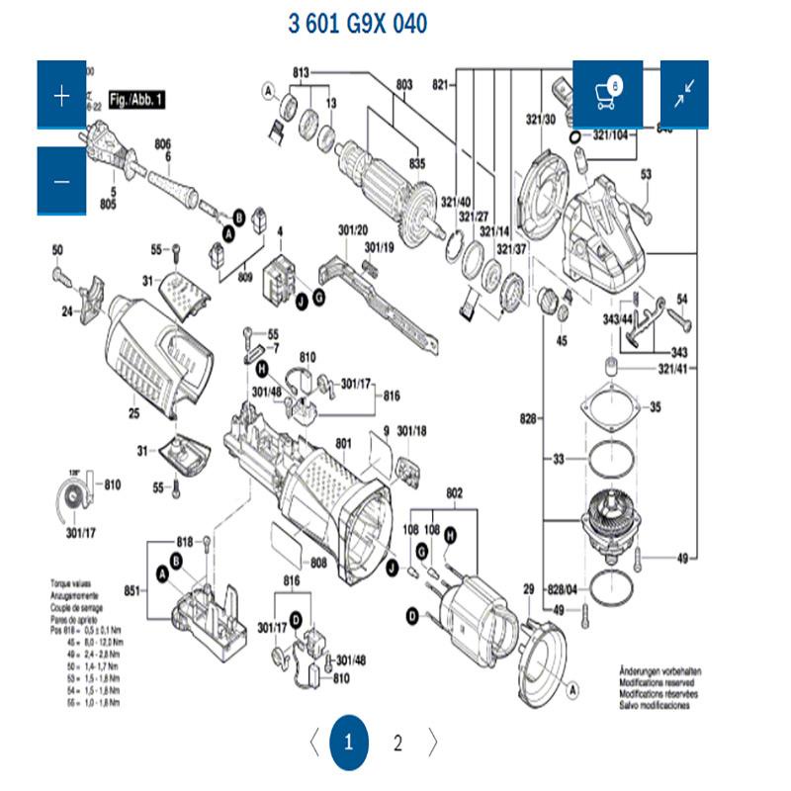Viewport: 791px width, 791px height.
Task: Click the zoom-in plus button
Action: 62,95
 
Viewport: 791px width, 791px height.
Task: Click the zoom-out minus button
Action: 62,181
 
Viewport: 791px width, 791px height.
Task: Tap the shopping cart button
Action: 608,94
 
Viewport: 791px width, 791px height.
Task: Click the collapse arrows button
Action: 684,94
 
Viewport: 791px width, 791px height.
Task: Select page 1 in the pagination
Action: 348,743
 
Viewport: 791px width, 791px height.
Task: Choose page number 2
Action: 397,744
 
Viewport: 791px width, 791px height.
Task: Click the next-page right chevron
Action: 432,743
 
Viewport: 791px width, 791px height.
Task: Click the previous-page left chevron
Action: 313,743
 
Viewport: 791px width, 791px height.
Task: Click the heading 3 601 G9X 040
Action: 358,24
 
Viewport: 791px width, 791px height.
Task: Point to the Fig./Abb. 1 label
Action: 136,100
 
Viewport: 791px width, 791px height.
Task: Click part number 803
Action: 403,85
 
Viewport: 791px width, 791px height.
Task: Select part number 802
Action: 454,492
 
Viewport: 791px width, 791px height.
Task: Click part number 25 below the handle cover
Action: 133,412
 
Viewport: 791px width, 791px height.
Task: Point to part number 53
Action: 647,174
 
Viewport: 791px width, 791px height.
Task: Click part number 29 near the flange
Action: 528,588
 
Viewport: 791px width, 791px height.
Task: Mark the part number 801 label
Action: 344,442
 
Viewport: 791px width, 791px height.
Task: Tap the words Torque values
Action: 71,584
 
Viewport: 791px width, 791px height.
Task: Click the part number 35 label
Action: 655,407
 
